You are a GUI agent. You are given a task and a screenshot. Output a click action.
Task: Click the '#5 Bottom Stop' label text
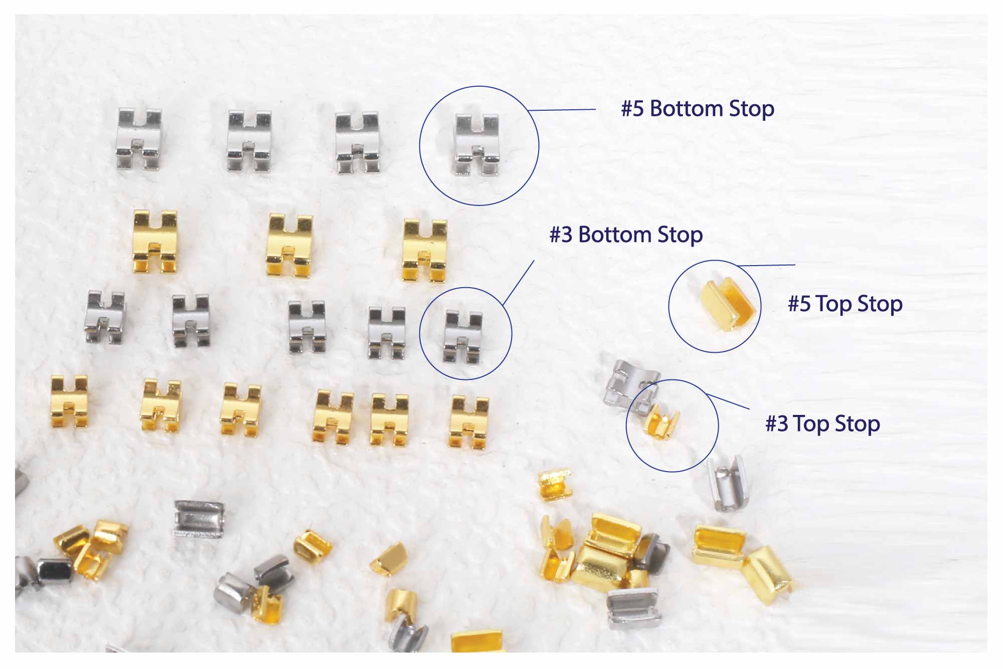tap(698, 109)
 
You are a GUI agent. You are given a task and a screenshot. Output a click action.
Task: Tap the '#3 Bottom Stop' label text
tap(626, 235)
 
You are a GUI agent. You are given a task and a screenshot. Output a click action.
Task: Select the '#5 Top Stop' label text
tap(845, 304)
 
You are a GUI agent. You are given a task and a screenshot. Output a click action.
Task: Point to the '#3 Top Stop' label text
tap(822, 424)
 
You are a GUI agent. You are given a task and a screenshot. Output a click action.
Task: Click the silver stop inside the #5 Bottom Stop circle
tap(477, 144)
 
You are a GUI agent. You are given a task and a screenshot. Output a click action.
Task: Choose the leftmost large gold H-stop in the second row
tap(155, 242)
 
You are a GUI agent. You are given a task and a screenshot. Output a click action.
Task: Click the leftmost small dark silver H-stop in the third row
tap(105, 317)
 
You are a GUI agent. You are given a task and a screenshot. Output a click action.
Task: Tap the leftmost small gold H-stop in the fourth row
tap(70, 401)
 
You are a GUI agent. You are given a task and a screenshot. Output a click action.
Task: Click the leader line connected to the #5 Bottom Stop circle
tap(562, 110)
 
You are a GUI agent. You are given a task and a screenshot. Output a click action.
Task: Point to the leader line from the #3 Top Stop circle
tap(728, 402)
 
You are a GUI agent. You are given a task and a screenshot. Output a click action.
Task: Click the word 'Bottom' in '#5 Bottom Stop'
tap(686, 109)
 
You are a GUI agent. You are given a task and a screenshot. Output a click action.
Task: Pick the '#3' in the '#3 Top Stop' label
tap(776, 424)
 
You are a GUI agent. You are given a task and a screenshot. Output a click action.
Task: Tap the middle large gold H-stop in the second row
tap(290, 245)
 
